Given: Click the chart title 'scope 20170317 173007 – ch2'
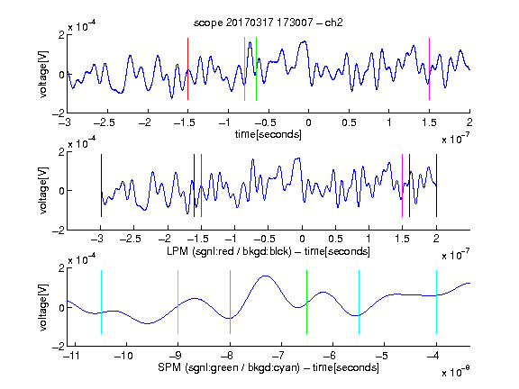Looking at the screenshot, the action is click(269, 23).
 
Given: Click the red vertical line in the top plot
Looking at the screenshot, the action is click(187, 68).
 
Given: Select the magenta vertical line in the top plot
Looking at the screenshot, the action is click(429, 68).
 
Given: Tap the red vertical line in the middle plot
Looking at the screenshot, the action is click(201, 185).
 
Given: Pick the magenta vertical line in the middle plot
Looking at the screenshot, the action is click(402, 185).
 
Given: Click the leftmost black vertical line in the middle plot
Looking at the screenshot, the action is click(101, 185).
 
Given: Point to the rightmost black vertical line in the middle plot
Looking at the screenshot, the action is click(436, 185).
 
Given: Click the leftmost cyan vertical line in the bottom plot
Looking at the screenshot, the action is click(101, 302).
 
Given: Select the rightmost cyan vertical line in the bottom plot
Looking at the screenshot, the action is click(436, 302).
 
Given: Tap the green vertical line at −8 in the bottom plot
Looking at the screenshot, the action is click(230, 302).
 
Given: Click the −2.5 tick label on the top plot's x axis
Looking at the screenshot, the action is click(104, 122).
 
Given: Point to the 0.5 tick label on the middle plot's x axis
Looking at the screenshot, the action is click(335, 239).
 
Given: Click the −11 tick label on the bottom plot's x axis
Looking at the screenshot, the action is click(72, 356).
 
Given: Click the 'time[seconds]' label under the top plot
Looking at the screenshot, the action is click(269, 134).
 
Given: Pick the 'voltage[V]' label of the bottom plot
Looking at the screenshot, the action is click(43, 307).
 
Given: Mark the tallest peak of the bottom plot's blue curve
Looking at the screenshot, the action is click(266, 276).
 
